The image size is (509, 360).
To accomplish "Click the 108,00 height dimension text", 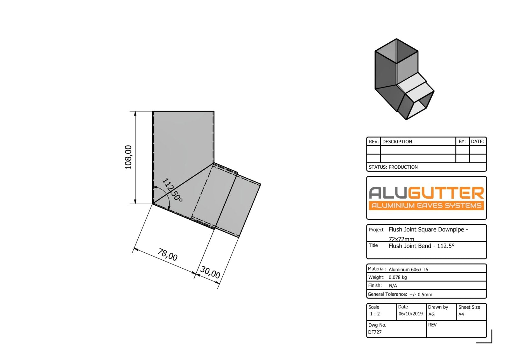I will (x=128, y=157).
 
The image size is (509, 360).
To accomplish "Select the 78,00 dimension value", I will (x=167, y=255).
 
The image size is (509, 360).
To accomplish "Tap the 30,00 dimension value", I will (x=210, y=272).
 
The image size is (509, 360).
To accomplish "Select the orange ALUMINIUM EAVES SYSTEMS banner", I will (x=426, y=205).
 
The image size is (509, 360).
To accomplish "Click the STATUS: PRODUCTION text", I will (x=393, y=167).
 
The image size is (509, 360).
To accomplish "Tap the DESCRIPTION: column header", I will (x=398, y=142).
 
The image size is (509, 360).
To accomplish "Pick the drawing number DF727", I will (x=375, y=332).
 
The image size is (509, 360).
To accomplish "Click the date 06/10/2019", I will (x=410, y=314).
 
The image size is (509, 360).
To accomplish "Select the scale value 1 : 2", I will (x=375, y=314).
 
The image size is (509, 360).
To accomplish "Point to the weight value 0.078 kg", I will (x=398, y=277).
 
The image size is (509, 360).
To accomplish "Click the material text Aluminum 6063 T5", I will (x=408, y=269).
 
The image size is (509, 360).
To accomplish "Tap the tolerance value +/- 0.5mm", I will (x=421, y=294).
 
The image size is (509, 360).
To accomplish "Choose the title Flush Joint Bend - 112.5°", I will (x=421, y=246).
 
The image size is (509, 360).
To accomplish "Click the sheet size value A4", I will (x=461, y=314).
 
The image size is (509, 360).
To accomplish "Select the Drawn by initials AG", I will (x=431, y=314).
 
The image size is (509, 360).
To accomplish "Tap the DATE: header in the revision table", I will (x=477, y=142).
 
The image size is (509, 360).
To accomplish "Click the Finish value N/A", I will (x=393, y=286).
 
